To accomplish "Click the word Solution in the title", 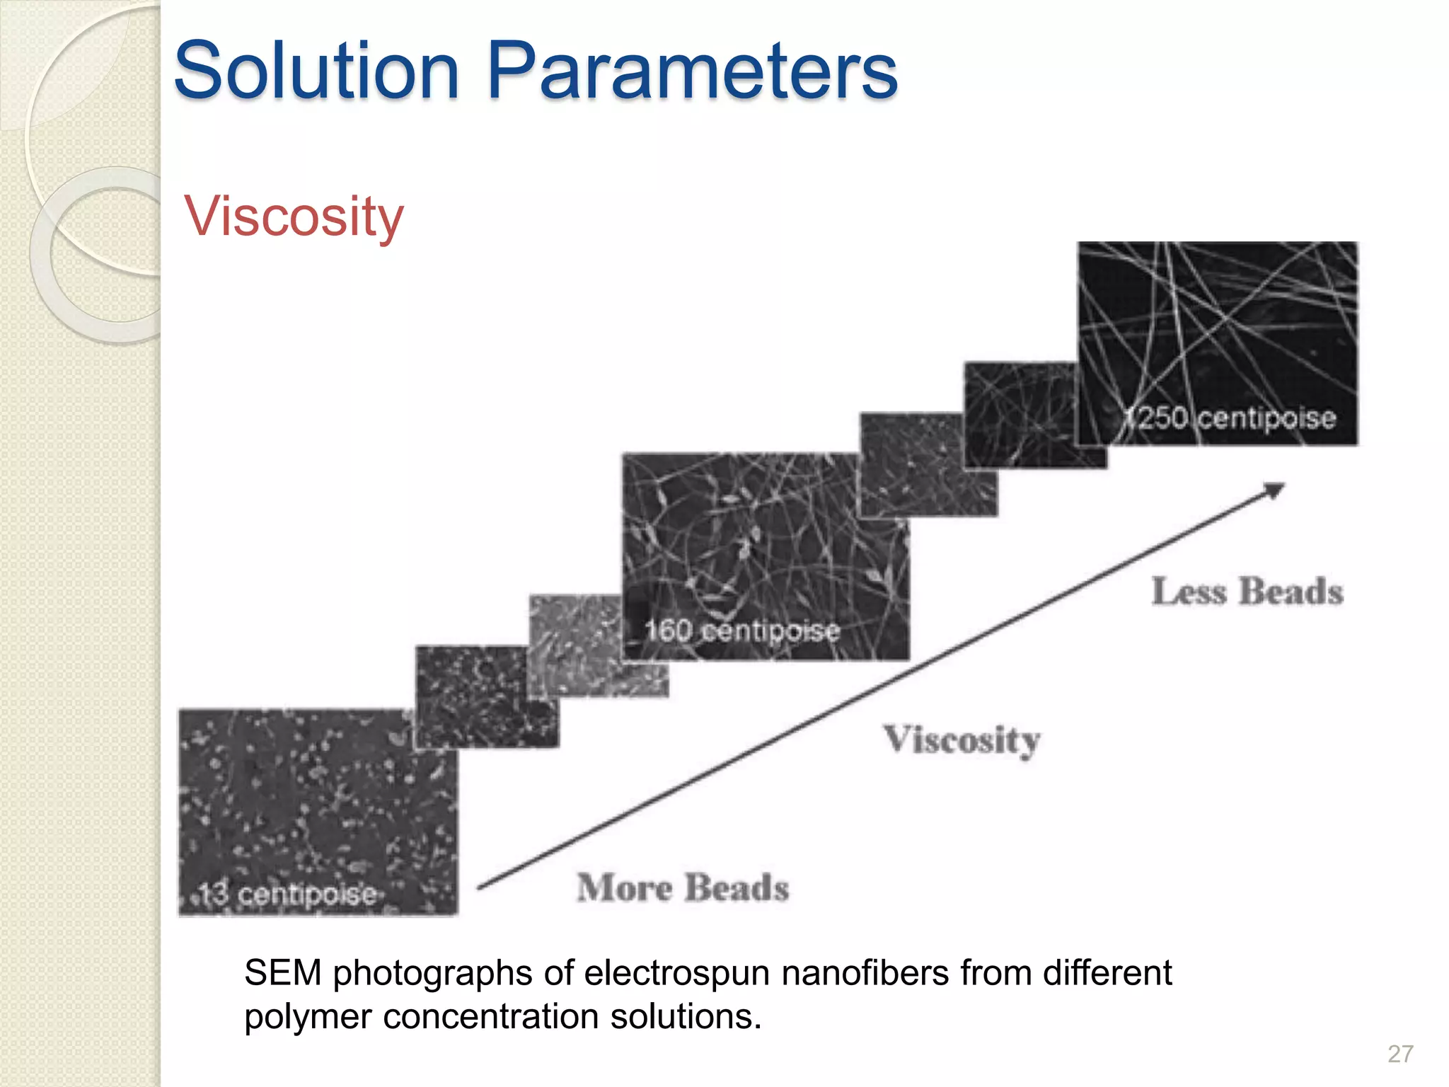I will (x=317, y=71).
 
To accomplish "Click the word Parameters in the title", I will (x=692, y=71).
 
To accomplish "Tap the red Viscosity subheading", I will (x=294, y=217).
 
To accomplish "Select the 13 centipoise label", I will (x=287, y=895).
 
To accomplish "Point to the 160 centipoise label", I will (x=741, y=630).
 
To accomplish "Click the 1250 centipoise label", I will (x=1231, y=418).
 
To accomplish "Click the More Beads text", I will (x=683, y=887).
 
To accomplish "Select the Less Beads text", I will (x=1247, y=592).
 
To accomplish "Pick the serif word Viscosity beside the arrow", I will (x=962, y=741).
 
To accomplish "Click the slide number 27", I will (x=1400, y=1054).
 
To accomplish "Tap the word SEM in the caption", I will (x=282, y=973).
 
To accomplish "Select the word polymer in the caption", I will (x=308, y=1017).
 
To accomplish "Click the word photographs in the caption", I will (x=432, y=973).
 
